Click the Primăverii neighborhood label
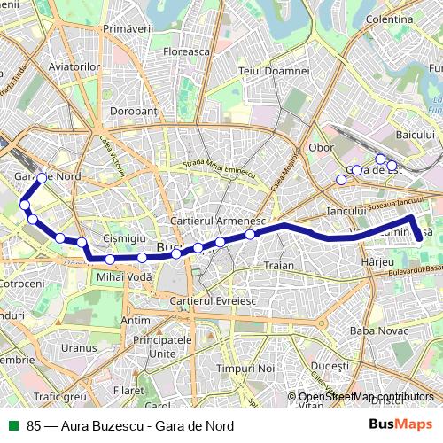coord(129,30)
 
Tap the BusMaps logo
coord(401,424)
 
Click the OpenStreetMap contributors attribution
coord(366,396)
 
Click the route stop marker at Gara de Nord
coord(42,178)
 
